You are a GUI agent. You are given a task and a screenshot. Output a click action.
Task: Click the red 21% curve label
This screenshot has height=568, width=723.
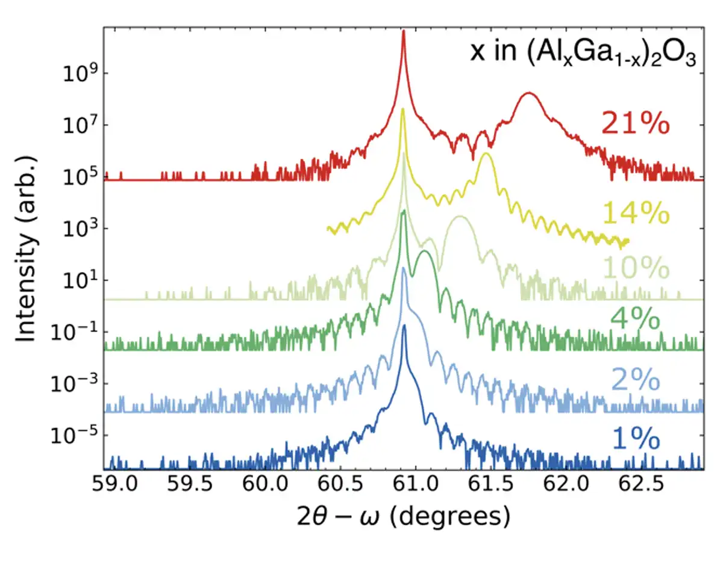pos(634,125)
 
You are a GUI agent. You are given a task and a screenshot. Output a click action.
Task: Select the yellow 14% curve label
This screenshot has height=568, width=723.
pos(634,214)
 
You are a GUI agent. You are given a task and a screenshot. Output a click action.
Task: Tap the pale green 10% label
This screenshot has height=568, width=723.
pos(634,268)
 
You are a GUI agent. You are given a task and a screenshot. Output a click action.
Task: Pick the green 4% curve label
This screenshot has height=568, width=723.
pos(634,319)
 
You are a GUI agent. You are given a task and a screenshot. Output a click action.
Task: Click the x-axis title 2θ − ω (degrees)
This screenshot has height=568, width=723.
pos(403,517)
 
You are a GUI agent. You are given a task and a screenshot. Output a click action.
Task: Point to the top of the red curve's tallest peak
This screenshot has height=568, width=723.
pos(403,31)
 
